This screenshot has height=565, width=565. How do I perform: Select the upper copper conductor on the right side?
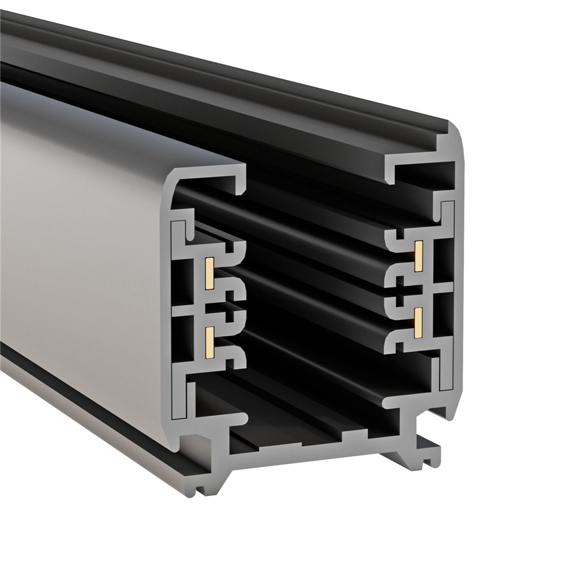(x=419, y=255)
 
